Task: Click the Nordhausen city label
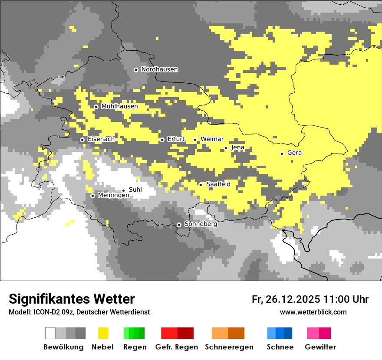pyautogui.click(x=159, y=69)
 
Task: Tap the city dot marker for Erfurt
pyautogui.click(x=162, y=140)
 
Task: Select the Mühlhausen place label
pyautogui.click(x=119, y=106)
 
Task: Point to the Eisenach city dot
pyautogui.click(x=82, y=140)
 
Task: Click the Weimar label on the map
pyautogui.click(x=212, y=139)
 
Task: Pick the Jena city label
pyautogui.click(x=237, y=147)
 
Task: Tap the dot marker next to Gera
pyautogui.click(x=282, y=154)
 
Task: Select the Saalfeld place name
pyautogui.click(x=218, y=184)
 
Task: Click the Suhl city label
pyautogui.click(x=135, y=190)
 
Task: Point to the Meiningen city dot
pyautogui.click(x=92, y=196)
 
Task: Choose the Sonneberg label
pyautogui.click(x=201, y=224)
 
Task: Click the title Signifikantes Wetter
pyautogui.click(x=72, y=299)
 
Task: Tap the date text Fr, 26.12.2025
pyautogui.click(x=286, y=299)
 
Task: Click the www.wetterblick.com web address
pyautogui.click(x=313, y=312)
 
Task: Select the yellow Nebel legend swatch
pyautogui.click(x=103, y=333)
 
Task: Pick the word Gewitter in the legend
pyautogui.click(x=320, y=347)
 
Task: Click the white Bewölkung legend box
pyautogui.click(x=50, y=333)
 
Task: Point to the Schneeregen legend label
pyautogui.click(x=229, y=347)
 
